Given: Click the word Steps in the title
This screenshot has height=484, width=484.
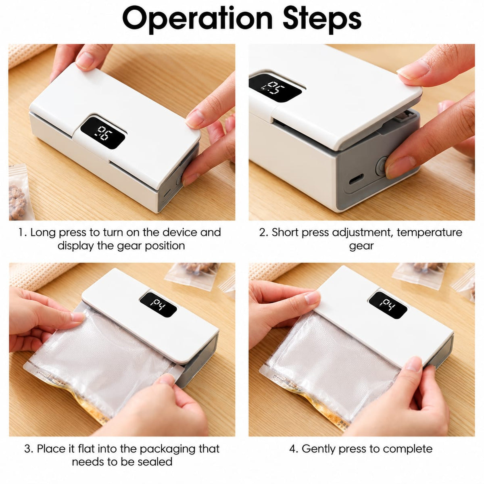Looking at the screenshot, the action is [x=322, y=19].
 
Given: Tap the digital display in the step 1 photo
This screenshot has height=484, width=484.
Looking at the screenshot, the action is [x=102, y=133].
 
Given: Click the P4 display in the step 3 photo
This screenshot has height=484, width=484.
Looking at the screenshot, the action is [x=158, y=304].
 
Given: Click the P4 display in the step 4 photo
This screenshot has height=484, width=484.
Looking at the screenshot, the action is [x=387, y=305].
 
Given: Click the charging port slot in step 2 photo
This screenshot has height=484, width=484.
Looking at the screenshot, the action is [x=356, y=178].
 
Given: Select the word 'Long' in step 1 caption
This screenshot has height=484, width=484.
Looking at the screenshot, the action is [x=43, y=233].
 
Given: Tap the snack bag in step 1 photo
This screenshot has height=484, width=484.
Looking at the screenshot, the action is [x=18, y=193].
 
